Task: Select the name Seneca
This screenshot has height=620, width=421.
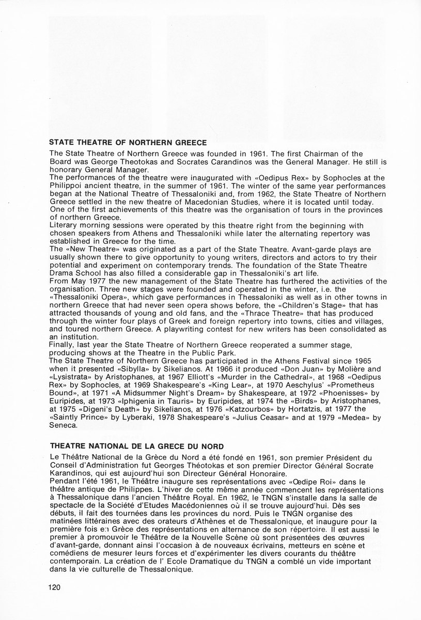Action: (63, 427)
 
